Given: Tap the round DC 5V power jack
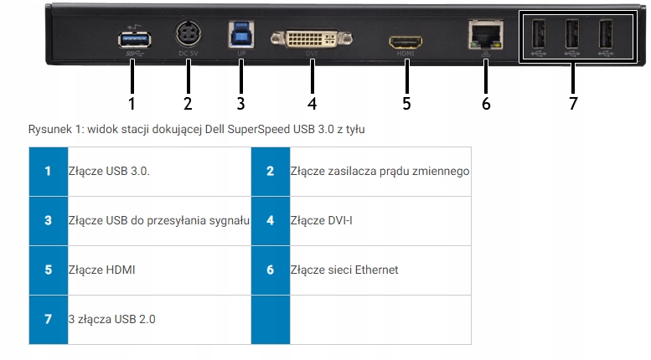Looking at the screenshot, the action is click(x=188, y=36).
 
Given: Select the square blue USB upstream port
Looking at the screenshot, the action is click(x=240, y=34).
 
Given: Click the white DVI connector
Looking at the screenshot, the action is click(x=311, y=38).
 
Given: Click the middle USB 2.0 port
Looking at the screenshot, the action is click(x=573, y=35).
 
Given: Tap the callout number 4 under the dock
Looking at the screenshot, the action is click(x=312, y=104).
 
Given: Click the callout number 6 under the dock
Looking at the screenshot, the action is click(x=486, y=104).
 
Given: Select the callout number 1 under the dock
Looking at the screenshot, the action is click(x=132, y=104).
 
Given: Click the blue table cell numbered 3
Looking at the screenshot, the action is click(x=48, y=221).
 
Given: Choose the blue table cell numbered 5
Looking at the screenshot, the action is click(x=48, y=270).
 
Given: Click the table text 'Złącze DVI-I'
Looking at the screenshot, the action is click(x=316, y=221).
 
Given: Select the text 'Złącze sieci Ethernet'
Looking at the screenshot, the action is click(x=344, y=270).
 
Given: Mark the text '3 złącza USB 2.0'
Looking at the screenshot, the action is click(x=112, y=319).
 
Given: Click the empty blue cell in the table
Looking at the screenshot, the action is click(x=270, y=319).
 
